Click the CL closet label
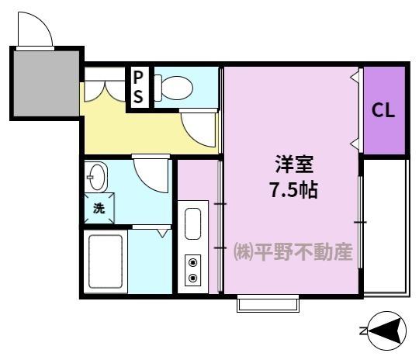click(383, 110)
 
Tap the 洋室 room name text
click(293, 165)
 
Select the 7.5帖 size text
click(293, 189)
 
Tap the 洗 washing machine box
click(99, 208)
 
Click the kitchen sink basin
click(193, 225)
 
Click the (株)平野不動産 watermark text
click(293, 253)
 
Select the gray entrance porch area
click(46, 84)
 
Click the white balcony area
click(384, 225)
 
